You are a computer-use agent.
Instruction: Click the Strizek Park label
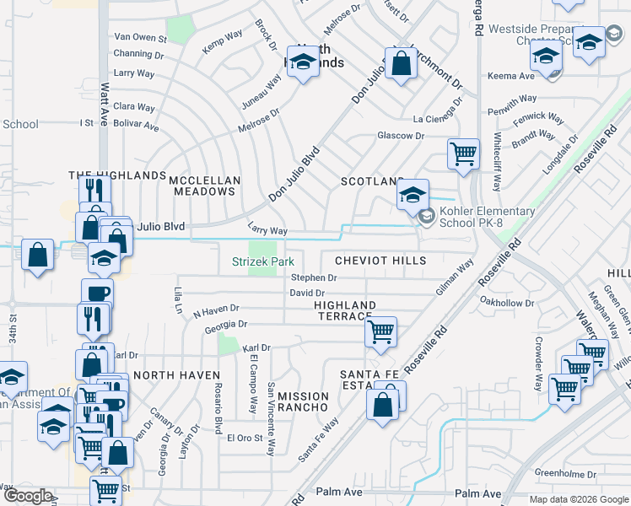coord(263,262)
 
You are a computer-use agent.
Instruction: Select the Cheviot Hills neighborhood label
coord(380,261)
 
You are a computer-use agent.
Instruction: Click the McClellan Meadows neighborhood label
coord(205,186)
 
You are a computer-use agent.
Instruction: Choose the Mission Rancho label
coord(303,401)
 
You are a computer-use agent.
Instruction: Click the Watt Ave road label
coord(105,100)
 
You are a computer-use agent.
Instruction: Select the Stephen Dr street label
coord(314,277)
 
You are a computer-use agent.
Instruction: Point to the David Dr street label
coord(306,293)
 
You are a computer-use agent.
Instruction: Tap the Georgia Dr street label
coord(225,324)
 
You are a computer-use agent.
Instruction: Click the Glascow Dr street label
coord(400,136)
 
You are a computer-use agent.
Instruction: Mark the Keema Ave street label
coord(511,76)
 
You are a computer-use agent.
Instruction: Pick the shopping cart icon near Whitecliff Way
coord(463,153)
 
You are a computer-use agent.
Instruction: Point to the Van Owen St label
coord(140,37)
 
